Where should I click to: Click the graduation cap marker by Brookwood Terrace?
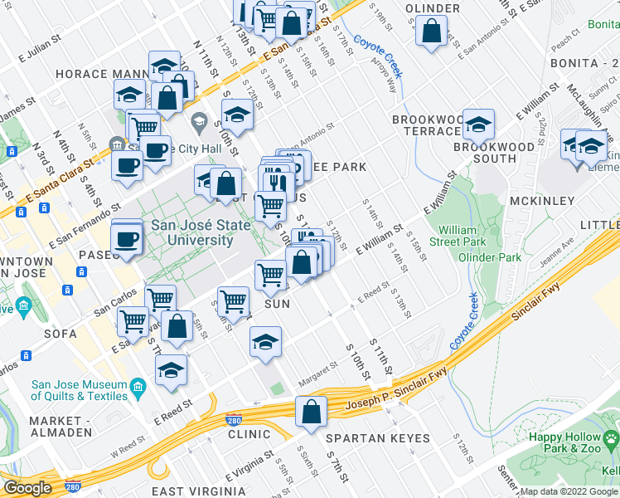point(478,125)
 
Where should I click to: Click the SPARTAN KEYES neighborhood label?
point(377,438)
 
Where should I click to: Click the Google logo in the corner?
point(27,488)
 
